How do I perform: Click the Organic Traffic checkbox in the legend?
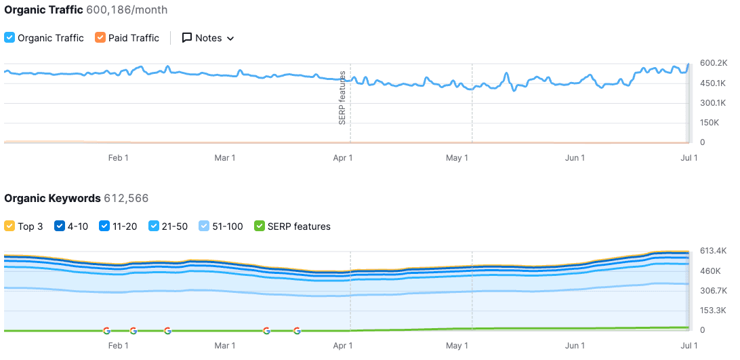tap(9, 38)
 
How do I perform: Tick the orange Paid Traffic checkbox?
tap(100, 38)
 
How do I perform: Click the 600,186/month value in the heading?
tap(127, 10)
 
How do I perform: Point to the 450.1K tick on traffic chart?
tap(713, 83)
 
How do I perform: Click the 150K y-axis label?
tap(710, 123)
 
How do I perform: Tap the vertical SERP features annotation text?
tap(342, 97)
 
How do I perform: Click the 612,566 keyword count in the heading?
tap(126, 199)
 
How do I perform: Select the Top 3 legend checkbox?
tap(9, 226)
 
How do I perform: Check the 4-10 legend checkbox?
tap(59, 226)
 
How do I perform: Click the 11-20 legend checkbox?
tap(104, 226)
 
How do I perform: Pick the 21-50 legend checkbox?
tap(154, 226)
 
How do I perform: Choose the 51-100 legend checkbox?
tap(204, 226)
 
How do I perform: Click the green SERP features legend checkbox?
tap(259, 226)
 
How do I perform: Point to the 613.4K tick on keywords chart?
tap(713, 251)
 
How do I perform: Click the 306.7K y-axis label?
tap(713, 291)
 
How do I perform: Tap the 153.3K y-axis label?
tap(713, 311)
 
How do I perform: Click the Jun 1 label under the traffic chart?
tap(575, 158)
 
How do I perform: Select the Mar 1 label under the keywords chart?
tap(225, 346)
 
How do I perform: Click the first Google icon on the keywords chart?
tap(106, 331)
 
